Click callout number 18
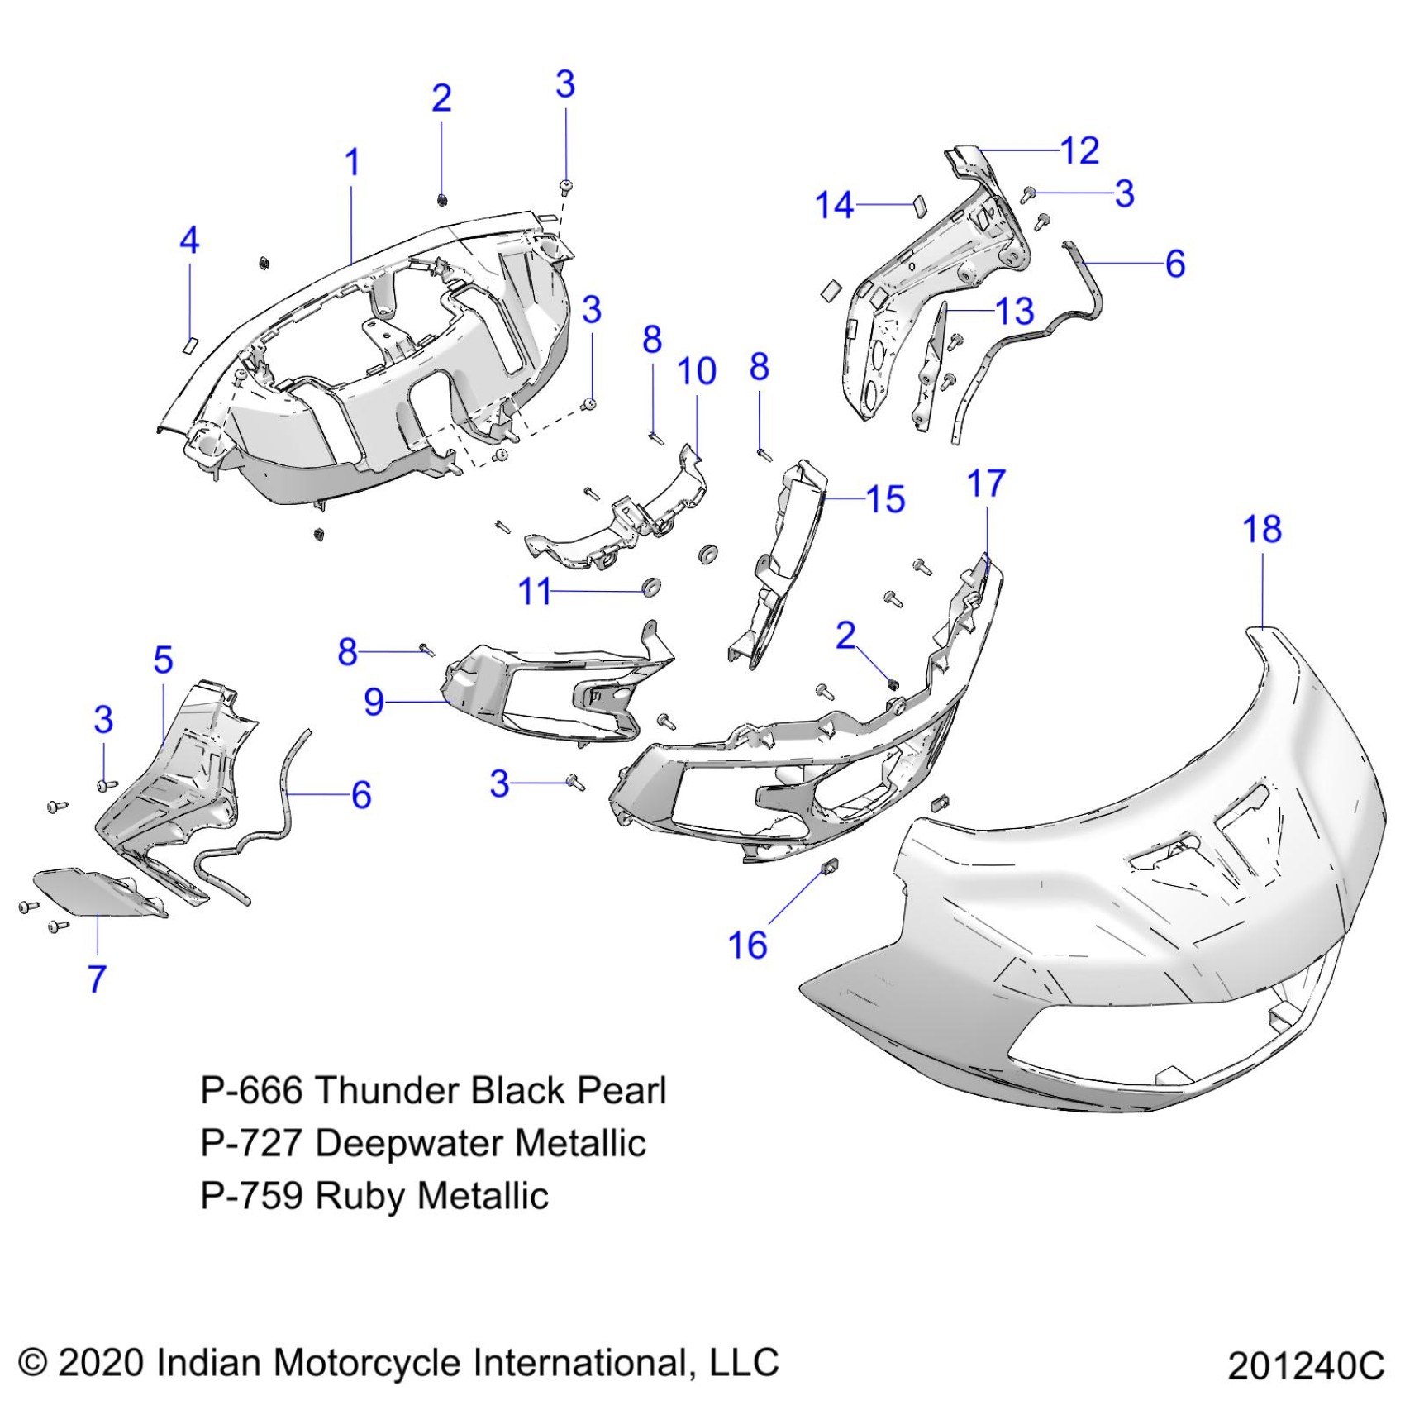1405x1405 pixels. tap(1262, 530)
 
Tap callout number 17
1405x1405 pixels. tap(986, 484)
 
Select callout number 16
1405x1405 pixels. tap(747, 945)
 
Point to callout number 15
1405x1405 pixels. tap(885, 499)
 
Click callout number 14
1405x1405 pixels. tap(834, 205)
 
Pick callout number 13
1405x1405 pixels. tap(1015, 312)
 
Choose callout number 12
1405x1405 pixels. tap(1079, 151)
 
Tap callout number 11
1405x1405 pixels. tap(534, 592)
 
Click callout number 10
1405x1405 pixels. tap(696, 372)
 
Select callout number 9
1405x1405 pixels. tap(374, 702)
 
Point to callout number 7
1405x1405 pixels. tap(98, 979)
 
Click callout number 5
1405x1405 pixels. tap(163, 660)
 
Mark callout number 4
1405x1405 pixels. tap(189, 241)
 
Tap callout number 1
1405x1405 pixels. tap(352, 162)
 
